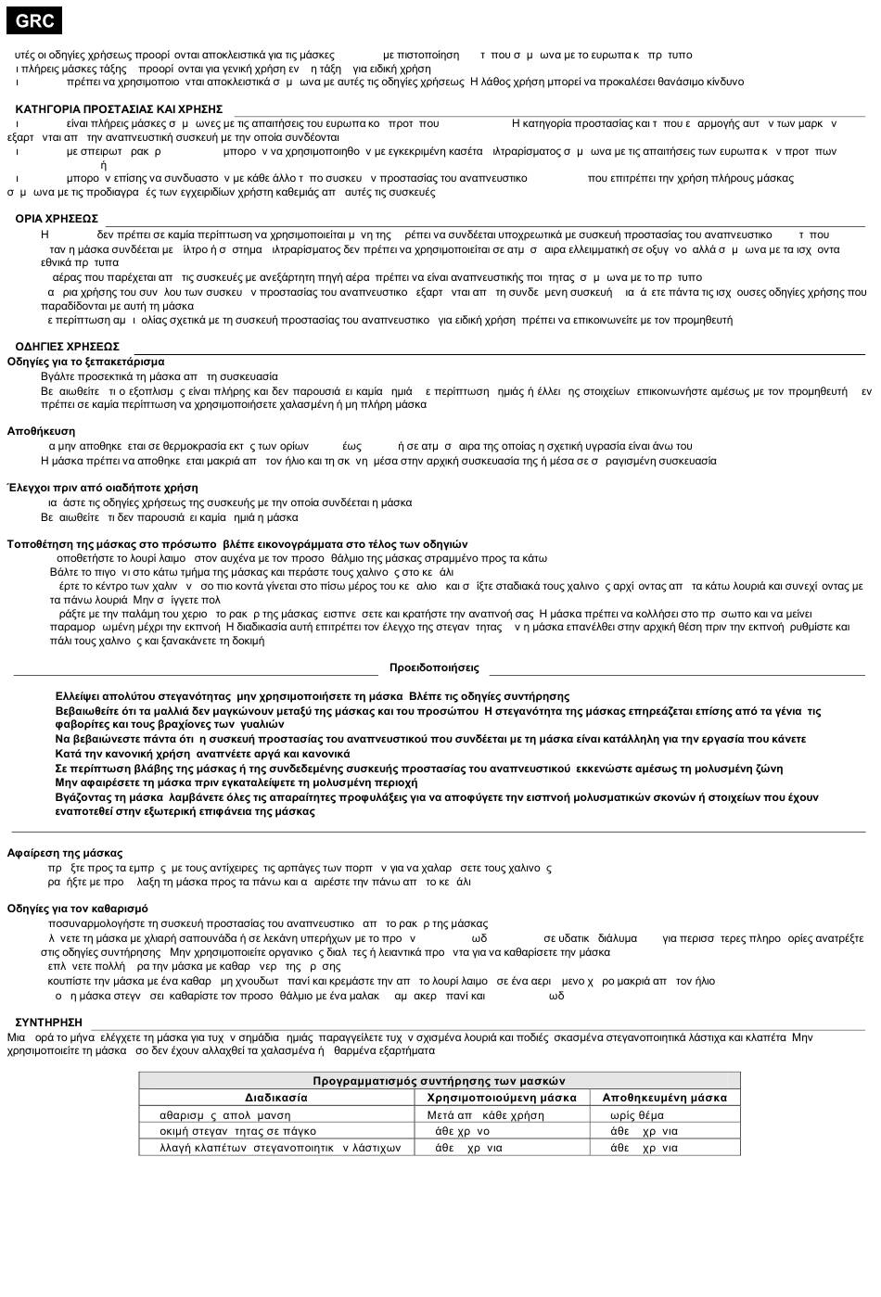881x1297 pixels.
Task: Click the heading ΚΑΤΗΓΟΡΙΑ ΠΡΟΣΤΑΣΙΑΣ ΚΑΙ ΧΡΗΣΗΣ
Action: click(119, 109)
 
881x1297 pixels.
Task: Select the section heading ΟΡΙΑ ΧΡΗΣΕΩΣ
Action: click(57, 219)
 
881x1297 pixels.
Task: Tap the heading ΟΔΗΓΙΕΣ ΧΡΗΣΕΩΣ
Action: click(67, 347)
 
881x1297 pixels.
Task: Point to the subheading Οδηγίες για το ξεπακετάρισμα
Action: click(85, 362)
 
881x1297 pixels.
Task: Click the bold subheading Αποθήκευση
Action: click(41, 431)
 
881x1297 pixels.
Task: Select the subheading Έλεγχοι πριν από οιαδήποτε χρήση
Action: click(102, 488)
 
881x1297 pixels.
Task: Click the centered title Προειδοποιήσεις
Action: click(434, 668)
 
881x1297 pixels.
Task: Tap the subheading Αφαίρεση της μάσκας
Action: click(65, 853)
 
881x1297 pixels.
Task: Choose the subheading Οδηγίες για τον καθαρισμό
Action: click(77, 909)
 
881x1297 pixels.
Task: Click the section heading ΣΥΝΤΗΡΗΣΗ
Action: click(48, 1023)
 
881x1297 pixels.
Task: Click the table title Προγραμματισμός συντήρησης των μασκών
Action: click(439, 1081)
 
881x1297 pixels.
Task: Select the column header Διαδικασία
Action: click(276, 1098)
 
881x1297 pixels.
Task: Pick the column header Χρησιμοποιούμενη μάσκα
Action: click(502, 1098)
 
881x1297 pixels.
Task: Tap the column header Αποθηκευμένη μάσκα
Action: click(664, 1098)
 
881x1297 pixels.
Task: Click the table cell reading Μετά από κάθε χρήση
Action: click(485, 1115)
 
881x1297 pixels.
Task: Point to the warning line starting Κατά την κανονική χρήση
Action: click(202, 754)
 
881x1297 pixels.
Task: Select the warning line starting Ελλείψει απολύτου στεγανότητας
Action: click(312, 696)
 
